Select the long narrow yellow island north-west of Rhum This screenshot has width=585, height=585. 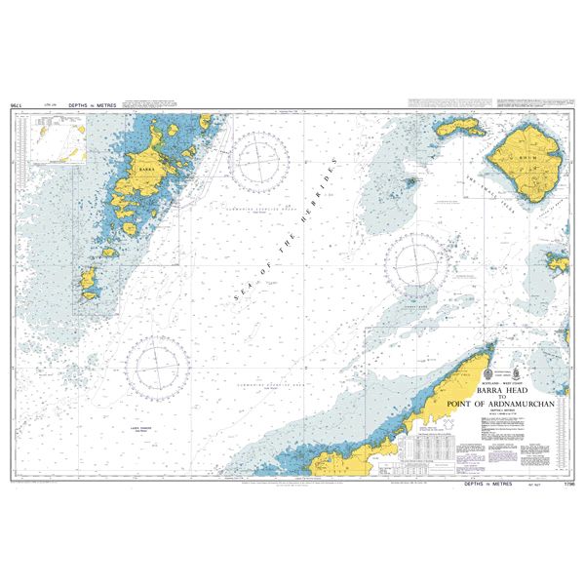459,128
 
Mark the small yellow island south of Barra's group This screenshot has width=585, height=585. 90,284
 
